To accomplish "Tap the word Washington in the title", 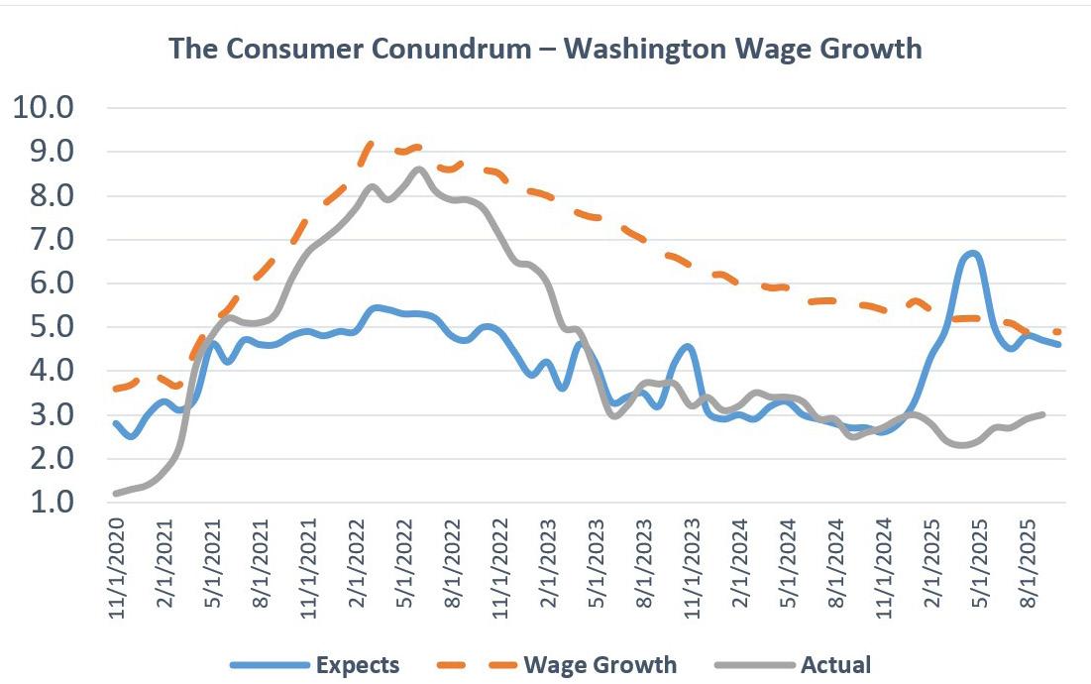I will click(659, 49).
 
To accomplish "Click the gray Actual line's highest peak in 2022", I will click(418, 169).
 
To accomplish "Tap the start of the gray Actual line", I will click(116, 493).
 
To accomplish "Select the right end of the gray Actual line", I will click(1042, 414).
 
